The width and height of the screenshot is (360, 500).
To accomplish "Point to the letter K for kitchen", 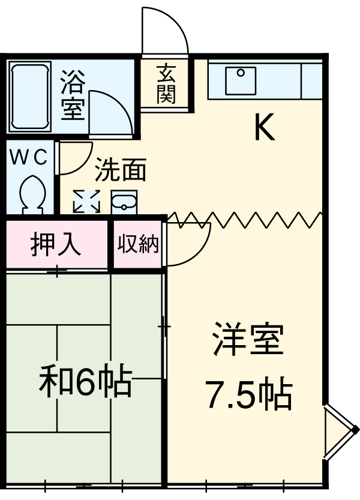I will point(264,127).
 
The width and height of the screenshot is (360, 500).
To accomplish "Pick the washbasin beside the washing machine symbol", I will point(125,200).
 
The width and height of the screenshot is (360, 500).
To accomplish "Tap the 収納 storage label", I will point(137,244).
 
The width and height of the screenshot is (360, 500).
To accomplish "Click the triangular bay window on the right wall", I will point(338,433).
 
